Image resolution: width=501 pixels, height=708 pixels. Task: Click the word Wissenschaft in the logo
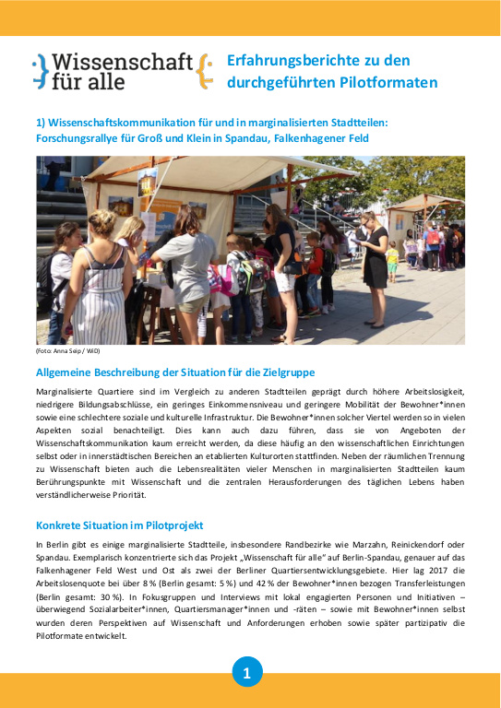[122, 62]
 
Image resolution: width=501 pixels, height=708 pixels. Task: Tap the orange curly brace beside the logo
[205, 71]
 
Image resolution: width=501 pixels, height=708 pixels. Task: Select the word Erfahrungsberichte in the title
[291, 61]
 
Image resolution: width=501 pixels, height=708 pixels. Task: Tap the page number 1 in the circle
[246, 674]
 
